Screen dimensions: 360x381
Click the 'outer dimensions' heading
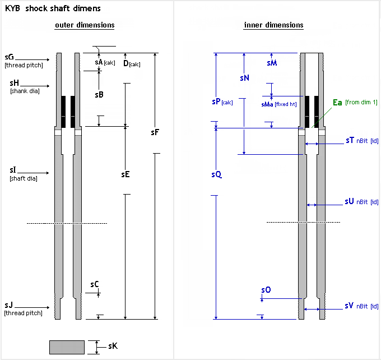[x=85, y=25]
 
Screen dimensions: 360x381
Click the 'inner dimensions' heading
[x=273, y=25]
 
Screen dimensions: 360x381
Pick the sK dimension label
[x=113, y=347]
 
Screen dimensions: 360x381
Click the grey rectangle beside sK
[x=67, y=347]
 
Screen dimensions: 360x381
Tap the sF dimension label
[x=155, y=133]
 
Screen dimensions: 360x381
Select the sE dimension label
[x=126, y=174]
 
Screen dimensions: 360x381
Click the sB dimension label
[x=99, y=95]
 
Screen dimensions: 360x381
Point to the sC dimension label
[x=95, y=284]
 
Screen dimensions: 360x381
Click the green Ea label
[x=337, y=102]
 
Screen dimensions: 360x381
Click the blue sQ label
[x=216, y=174]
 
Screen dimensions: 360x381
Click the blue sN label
[x=244, y=78]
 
